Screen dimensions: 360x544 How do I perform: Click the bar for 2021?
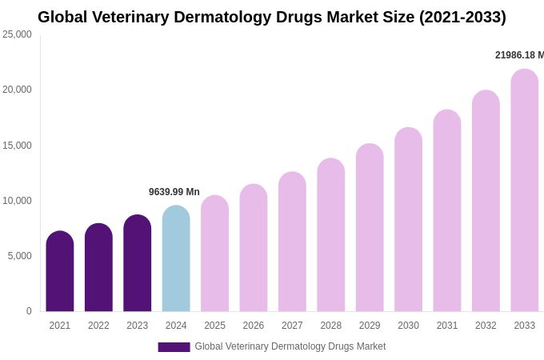click(60, 272)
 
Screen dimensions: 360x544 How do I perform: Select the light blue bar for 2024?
click(176, 259)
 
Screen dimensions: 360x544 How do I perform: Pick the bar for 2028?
click(331, 235)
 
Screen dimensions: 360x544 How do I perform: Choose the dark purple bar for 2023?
click(138, 264)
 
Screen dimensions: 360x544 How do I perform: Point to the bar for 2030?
click(408, 220)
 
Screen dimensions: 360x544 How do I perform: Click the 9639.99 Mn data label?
click(174, 192)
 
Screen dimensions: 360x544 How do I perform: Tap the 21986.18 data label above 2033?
click(518, 55)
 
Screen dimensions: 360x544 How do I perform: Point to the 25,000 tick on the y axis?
click(18, 34)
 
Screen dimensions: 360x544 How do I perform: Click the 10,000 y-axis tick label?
click(18, 201)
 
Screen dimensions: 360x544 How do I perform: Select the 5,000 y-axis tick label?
click(20, 256)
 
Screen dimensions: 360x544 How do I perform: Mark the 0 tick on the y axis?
click(29, 311)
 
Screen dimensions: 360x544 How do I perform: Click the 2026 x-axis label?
click(254, 326)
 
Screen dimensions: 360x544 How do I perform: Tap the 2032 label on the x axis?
click(486, 326)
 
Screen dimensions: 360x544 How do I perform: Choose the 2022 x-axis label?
click(98, 326)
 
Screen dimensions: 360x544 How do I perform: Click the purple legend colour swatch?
click(174, 347)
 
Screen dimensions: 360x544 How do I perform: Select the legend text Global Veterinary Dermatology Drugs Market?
click(290, 346)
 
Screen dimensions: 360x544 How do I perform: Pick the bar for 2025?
click(214, 254)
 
